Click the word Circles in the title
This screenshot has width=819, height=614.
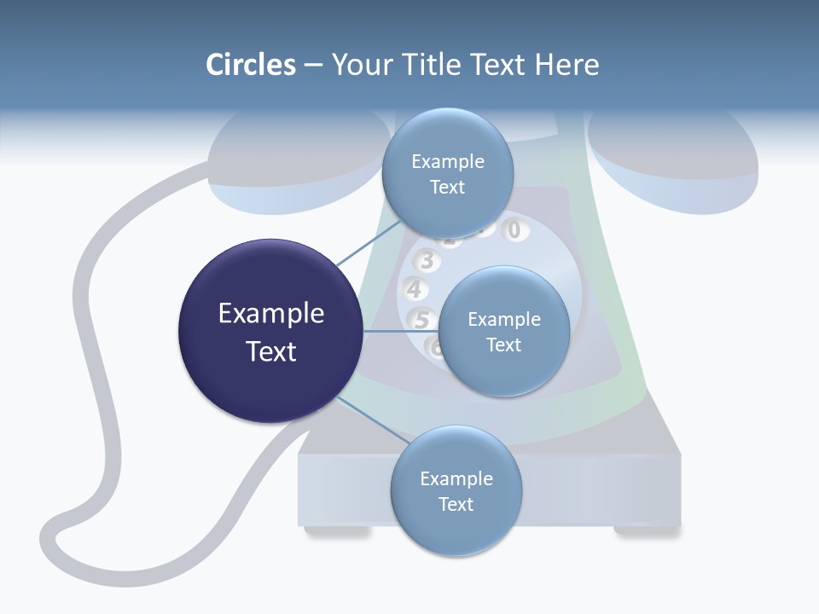250,65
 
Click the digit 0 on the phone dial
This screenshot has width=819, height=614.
514,229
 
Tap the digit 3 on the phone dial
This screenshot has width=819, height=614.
427,261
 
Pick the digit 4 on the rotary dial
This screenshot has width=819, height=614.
414,289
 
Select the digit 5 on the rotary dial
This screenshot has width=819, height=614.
421,320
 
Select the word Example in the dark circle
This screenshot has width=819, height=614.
271,314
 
